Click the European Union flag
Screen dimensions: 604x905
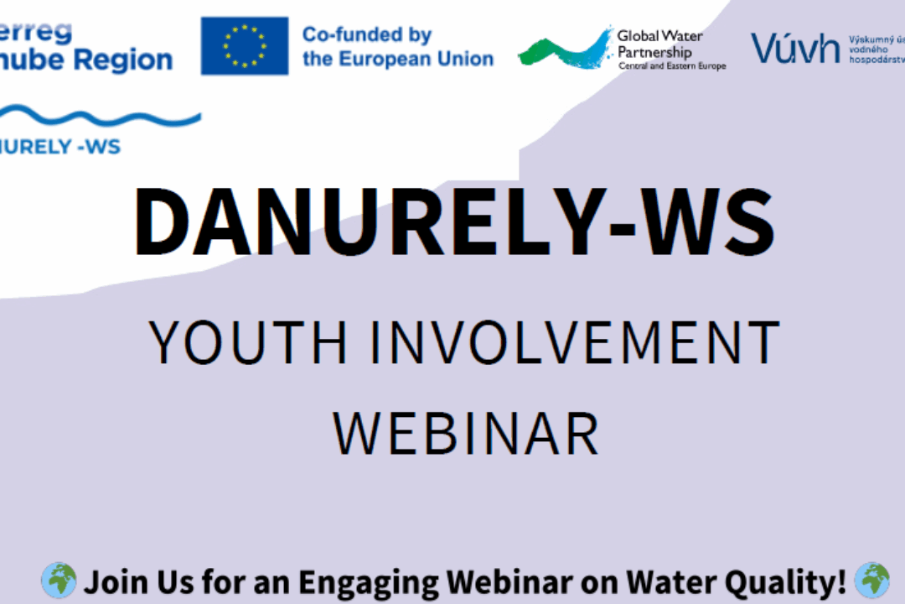(x=245, y=46)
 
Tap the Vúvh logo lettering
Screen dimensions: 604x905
(x=794, y=49)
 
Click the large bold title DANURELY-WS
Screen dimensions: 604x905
(x=453, y=221)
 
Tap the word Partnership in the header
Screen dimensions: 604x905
(x=655, y=51)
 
